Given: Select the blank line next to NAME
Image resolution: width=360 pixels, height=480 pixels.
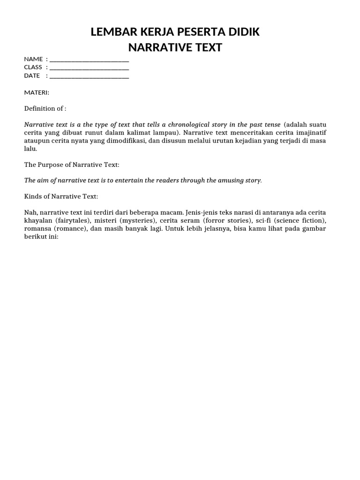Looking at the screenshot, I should click(x=89, y=59).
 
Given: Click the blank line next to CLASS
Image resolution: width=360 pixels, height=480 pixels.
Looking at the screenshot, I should click(x=89, y=67).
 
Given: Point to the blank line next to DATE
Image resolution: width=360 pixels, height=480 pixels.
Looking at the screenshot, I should click(x=89, y=76).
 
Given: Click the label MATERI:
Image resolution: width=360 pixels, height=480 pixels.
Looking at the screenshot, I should click(x=37, y=92).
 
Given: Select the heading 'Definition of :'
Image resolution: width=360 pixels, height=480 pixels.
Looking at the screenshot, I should click(x=45, y=109).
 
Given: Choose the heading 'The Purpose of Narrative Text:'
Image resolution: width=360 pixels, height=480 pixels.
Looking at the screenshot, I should click(x=72, y=165).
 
